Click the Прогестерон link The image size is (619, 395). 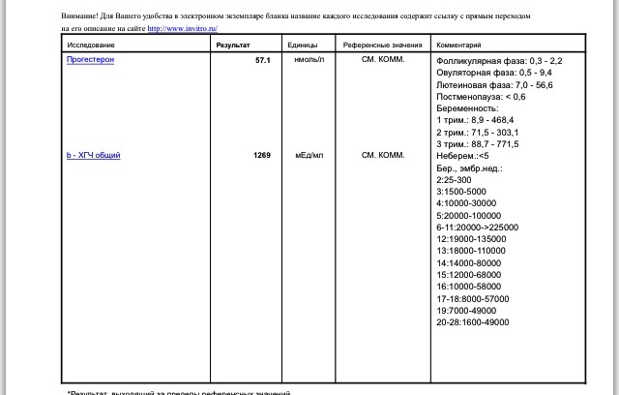89,60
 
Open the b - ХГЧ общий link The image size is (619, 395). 93,155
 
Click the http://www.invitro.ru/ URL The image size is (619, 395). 182,28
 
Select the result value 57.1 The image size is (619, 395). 262,60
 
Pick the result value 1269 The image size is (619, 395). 261,155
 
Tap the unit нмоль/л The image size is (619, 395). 309,60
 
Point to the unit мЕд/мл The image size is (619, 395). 309,155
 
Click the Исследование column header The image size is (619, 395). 91,46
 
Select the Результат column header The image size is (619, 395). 235,46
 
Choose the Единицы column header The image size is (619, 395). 303,46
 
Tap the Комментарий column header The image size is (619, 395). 459,46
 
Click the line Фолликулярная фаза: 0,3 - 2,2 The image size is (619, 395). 499,61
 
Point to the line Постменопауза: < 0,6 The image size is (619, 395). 481,97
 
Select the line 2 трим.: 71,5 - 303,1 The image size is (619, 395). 477,133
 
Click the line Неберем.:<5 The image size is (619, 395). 462,156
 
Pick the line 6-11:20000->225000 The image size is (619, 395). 477,228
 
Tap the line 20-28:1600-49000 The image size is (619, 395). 472,322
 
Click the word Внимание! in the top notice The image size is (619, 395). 79,16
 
